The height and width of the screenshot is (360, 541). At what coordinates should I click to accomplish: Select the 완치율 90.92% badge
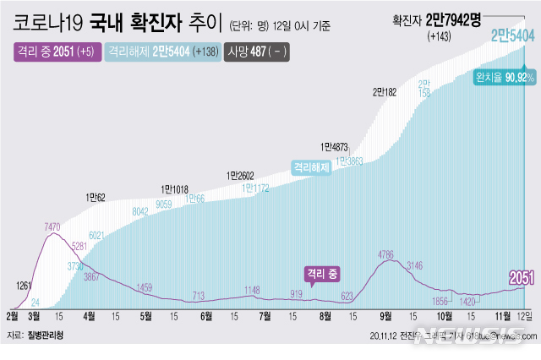tap(505, 78)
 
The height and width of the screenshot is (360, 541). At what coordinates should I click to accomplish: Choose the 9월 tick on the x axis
tap(385, 315)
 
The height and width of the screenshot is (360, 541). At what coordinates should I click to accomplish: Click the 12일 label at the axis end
tap(525, 315)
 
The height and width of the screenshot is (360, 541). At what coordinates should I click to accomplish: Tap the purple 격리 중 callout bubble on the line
tap(322, 273)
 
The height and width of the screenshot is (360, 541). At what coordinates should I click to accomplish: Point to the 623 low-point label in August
tap(347, 296)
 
